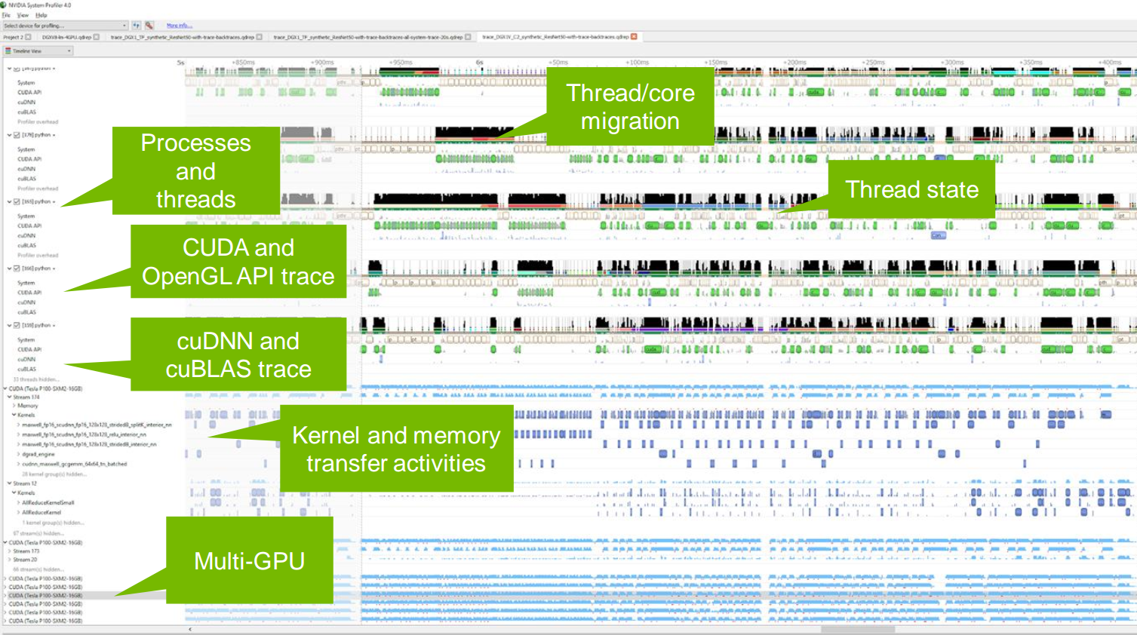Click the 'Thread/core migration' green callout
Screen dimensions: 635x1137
click(x=630, y=106)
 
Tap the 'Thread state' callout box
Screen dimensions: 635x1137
click(x=911, y=189)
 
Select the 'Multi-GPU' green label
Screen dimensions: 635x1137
click(x=250, y=560)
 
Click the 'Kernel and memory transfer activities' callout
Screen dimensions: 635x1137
click(x=396, y=449)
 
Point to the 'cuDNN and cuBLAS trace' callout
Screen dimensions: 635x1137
click(x=238, y=354)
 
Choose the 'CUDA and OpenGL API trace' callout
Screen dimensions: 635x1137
click(x=238, y=262)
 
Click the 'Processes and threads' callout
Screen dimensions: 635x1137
click(x=196, y=170)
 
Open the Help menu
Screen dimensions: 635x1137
click(x=41, y=15)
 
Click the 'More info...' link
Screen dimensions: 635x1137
click(x=179, y=26)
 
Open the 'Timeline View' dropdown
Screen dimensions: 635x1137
click(x=38, y=51)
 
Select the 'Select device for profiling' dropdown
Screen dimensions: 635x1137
click(x=65, y=26)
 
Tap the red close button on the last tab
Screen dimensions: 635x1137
click(x=634, y=36)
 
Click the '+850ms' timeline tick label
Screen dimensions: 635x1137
click(x=243, y=63)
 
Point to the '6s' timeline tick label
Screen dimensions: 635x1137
click(x=479, y=63)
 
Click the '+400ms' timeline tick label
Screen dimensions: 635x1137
click(x=1109, y=63)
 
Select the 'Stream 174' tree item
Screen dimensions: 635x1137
click(x=26, y=397)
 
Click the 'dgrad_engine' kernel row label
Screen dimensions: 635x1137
click(x=38, y=454)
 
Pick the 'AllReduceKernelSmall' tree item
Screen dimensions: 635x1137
click(x=48, y=502)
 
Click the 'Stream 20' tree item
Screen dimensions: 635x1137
click(x=25, y=560)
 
